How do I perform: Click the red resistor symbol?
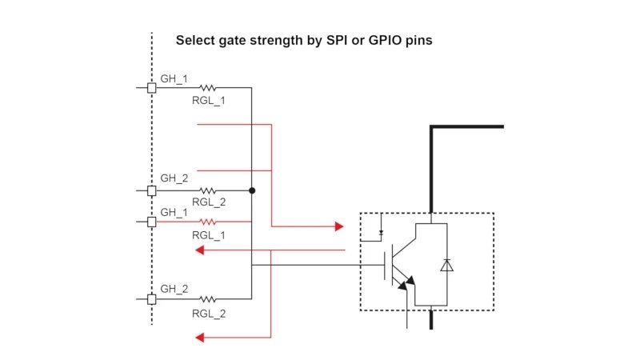click(x=207, y=222)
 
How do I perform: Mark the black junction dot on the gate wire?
click(x=252, y=191)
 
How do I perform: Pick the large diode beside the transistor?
click(x=446, y=266)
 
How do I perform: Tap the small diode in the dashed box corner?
click(x=382, y=232)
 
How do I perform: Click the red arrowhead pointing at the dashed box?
click(x=338, y=226)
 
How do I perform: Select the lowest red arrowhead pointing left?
click(x=200, y=338)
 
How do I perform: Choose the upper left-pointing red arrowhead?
click(x=200, y=250)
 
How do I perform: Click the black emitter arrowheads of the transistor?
click(x=409, y=281)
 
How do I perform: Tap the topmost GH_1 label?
click(x=174, y=78)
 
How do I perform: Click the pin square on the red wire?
click(x=151, y=222)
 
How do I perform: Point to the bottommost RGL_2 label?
click(x=209, y=314)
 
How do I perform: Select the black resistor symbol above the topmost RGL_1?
click(x=207, y=88)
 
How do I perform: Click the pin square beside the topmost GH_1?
click(x=151, y=88)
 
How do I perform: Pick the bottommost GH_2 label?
click(x=174, y=289)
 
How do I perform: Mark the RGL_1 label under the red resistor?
click(x=209, y=235)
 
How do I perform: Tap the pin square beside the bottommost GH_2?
click(x=151, y=299)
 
